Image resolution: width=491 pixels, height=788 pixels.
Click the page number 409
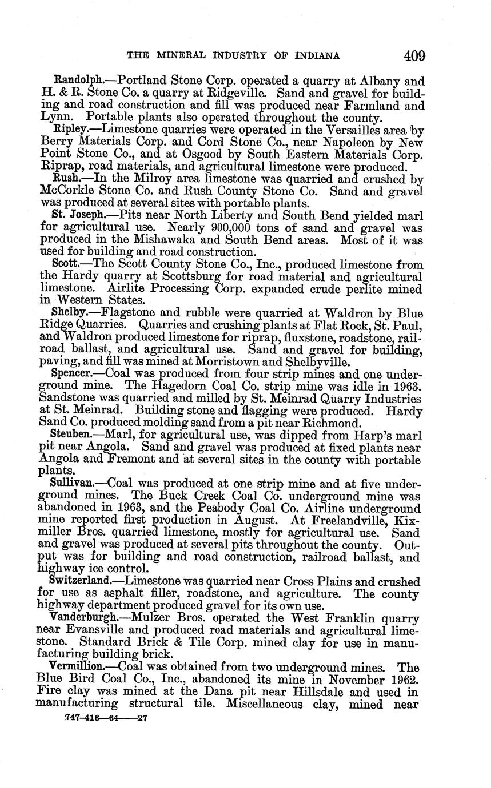pos(414,56)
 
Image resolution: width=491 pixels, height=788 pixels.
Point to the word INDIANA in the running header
pos(314,56)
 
